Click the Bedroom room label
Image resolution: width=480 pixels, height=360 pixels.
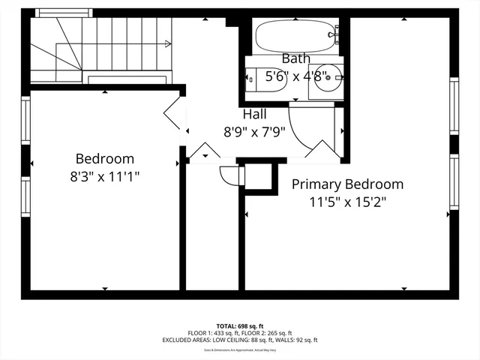pyautogui.click(x=105, y=159)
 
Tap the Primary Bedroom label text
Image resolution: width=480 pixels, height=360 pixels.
pyautogui.click(x=347, y=184)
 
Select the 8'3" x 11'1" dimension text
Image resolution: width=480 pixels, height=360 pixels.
pyautogui.click(x=105, y=176)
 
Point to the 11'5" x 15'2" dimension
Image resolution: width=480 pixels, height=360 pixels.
pyautogui.click(x=348, y=201)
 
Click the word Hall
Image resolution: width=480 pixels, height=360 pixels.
pyautogui.click(x=254, y=115)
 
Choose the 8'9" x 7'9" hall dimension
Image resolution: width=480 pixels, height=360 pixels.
pyautogui.click(x=255, y=131)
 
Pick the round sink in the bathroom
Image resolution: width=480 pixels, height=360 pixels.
pyautogui.click(x=328, y=78)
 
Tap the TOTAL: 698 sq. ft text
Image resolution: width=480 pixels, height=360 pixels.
pyautogui.click(x=239, y=326)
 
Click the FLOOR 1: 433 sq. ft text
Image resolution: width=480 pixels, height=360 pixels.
pyautogui.click(x=213, y=333)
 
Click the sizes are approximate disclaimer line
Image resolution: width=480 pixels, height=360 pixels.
pyautogui.click(x=239, y=349)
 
